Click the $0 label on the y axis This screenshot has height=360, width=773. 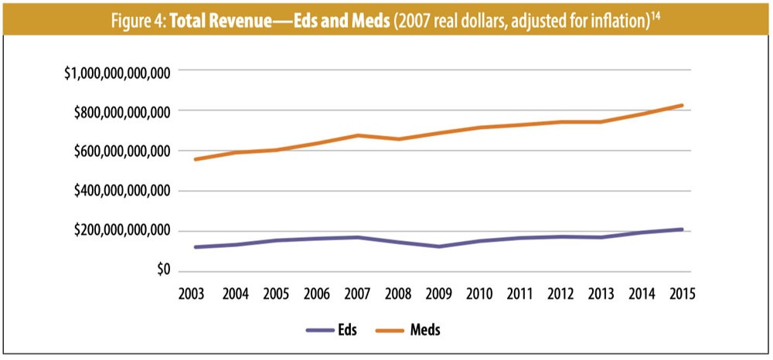[161, 271]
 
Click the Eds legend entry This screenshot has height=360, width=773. [339, 330]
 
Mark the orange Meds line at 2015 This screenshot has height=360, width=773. [682, 105]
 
